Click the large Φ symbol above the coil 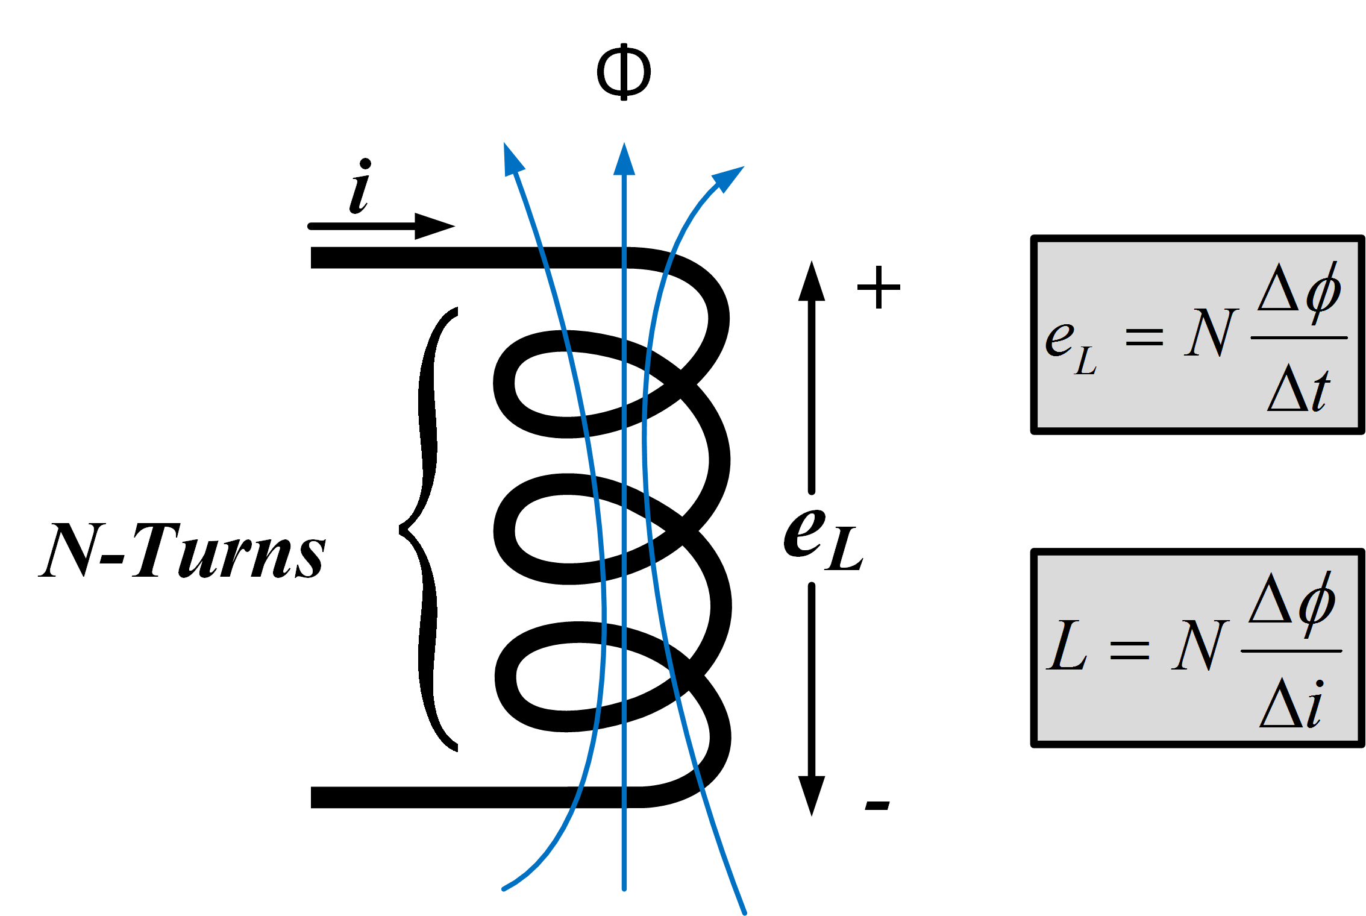point(624,72)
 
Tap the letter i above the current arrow point(360,187)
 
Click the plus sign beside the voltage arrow point(879,287)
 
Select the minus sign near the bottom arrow point(877,806)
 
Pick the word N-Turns point(182,550)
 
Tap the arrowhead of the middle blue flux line point(624,160)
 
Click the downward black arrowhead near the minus point(812,794)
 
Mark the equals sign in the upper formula point(1144,337)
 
